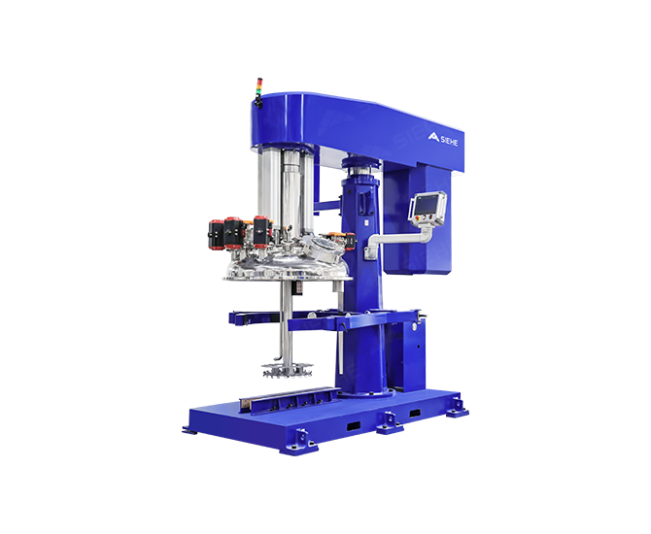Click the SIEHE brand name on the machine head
coord(449,141)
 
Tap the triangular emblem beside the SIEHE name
coord(433,137)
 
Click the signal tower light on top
coord(259,92)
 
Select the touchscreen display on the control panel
coord(426,205)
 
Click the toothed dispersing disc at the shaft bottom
coord(287,369)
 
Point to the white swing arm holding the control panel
coord(398,240)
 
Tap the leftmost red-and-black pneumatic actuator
coord(216,235)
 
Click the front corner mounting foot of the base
coord(299,445)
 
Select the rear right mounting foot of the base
coord(457,408)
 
